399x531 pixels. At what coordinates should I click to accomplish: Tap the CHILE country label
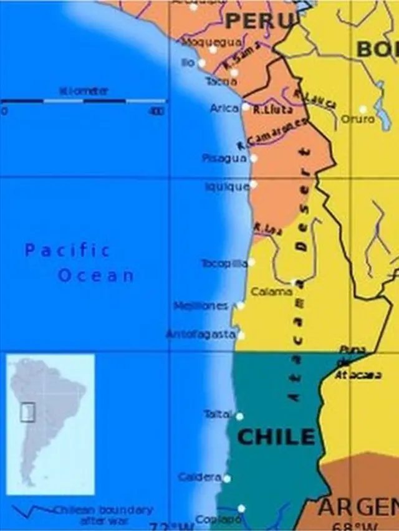tap(276, 436)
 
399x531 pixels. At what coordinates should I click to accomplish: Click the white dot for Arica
tap(246, 107)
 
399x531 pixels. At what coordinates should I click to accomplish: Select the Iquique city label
tap(227, 186)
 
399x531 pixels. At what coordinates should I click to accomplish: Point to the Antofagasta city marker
tap(241, 335)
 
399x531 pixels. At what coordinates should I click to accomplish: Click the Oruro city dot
tap(363, 109)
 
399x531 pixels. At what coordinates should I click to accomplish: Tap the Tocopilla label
tap(224, 263)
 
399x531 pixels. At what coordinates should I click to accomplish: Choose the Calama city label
tap(271, 291)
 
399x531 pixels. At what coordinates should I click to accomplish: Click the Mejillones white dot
tap(241, 305)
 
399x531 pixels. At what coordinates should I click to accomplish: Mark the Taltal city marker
tap(239, 416)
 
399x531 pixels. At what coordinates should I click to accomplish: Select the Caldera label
tap(199, 477)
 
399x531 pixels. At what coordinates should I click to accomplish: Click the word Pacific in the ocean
tap(67, 251)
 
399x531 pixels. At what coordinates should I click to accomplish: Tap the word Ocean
tap(96, 275)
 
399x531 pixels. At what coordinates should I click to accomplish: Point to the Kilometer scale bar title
tap(84, 91)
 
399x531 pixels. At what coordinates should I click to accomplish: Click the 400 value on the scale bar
tap(156, 112)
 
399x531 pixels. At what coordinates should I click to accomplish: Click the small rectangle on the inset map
tap(27, 412)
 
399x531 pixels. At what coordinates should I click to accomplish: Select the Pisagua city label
tap(224, 158)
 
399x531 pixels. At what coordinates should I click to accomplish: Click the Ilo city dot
tap(201, 63)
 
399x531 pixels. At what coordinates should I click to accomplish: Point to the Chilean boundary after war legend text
tap(103, 514)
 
